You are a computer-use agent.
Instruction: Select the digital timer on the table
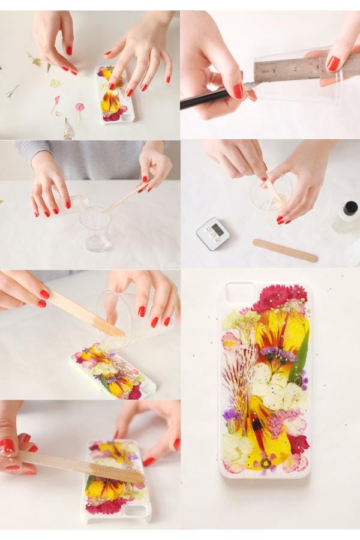(x=213, y=233)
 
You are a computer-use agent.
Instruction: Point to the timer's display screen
(x=217, y=229)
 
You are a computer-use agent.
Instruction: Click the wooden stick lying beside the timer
(x=285, y=250)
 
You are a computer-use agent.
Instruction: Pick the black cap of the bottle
(x=350, y=208)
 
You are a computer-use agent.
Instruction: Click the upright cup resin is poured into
(x=95, y=228)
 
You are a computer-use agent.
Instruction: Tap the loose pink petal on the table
(x=79, y=108)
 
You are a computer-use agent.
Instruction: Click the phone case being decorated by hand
(x=114, y=95)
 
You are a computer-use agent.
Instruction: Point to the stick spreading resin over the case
(x=78, y=465)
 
